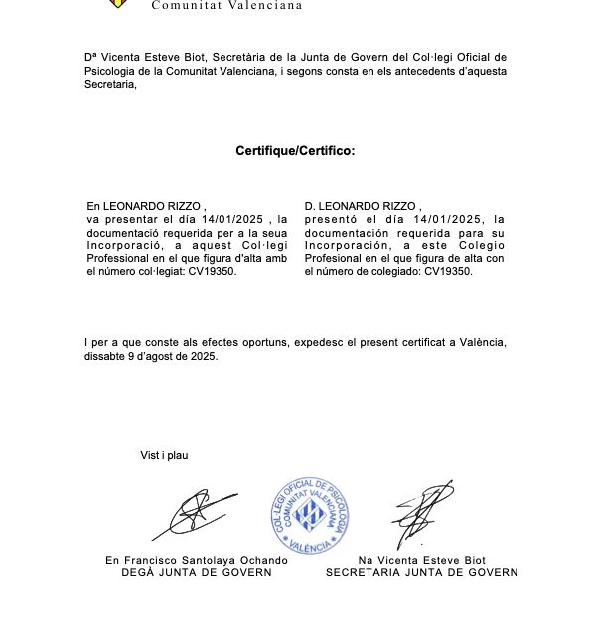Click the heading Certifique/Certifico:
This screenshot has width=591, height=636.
click(x=295, y=151)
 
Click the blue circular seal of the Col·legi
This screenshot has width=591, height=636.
click(x=312, y=514)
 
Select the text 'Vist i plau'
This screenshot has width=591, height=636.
click(x=164, y=455)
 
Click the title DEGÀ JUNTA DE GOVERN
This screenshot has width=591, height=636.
click(x=197, y=572)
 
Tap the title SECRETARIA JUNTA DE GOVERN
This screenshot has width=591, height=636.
click(x=422, y=572)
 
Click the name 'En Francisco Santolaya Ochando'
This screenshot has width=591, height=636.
click(x=197, y=560)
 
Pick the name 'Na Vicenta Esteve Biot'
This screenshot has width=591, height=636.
click(x=422, y=560)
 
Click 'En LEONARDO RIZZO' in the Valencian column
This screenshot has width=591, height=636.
click(x=144, y=206)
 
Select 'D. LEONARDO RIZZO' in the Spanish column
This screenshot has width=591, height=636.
click(x=363, y=206)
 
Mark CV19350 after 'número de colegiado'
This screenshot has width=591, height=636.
click(x=448, y=271)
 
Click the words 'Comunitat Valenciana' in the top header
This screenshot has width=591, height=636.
click(x=226, y=5)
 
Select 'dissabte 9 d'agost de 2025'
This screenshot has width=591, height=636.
click(x=151, y=355)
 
